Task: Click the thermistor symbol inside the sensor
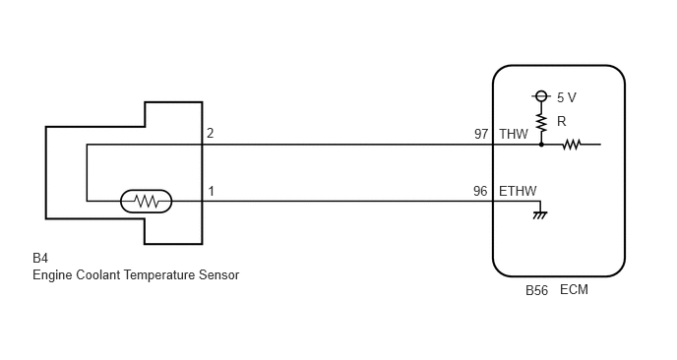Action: [x=146, y=202]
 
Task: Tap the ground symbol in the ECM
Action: [x=540, y=214]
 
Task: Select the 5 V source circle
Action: [x=541, y=95]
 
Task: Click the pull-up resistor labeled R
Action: [x=541, y=123]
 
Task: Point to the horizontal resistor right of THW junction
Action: [x=571, y=145]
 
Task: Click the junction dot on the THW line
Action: [x=541, y=145]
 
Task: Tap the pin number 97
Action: [x=481, y=134]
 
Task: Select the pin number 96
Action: [x=480, y=191]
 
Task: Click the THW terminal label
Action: [x=514, y=134]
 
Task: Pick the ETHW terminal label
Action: [x=518, y=191]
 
